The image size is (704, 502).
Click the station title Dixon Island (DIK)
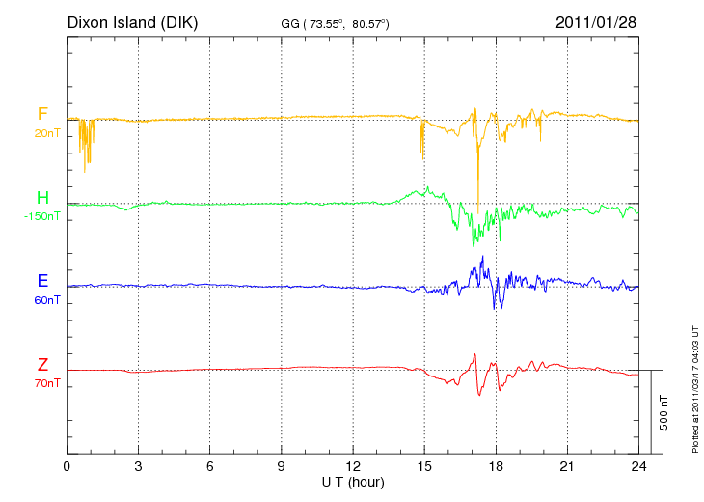(x=132, y=21)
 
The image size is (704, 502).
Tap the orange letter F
(x=42, y=115)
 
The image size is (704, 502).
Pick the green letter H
(x=42, y=199)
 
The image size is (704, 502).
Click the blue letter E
(x=42, y=282)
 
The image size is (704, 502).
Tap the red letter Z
(x=42, y=365)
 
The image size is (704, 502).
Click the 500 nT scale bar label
(x=663, y=412)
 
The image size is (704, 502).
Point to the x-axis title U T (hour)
(x=353, y=481)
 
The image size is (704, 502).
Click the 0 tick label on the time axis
(x=67, y=466)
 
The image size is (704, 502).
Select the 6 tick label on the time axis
(x=209, y=466)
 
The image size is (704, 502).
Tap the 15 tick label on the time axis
(x=424, y=466)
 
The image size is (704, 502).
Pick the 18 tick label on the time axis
(x=496, y=466)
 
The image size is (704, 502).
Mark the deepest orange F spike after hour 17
(x=478, y=210)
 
